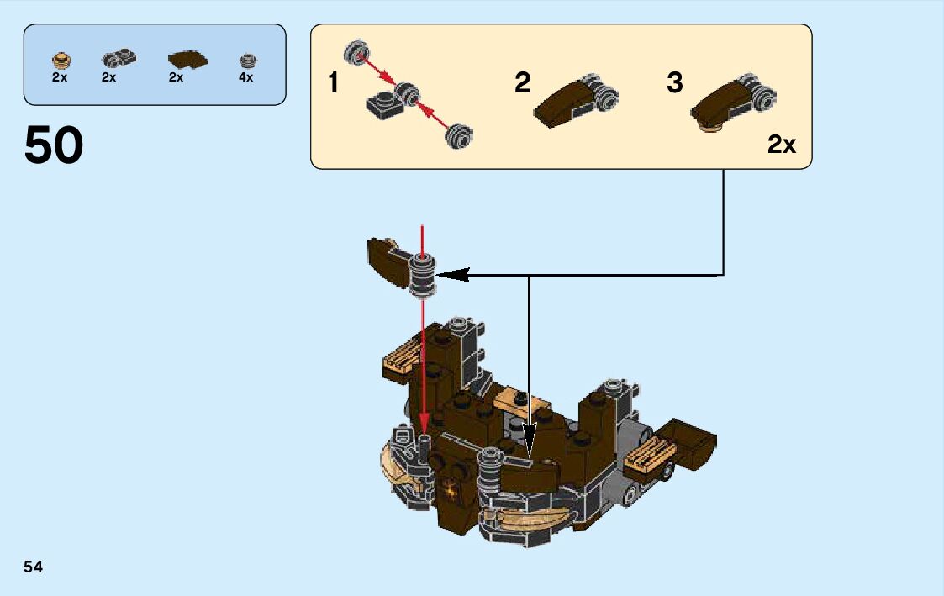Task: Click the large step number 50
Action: (54, 145)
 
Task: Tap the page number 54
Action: (34, 567)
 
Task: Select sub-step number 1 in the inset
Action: (334, 83)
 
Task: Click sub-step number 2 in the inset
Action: (523, 83)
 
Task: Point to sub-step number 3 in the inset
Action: (675, 83)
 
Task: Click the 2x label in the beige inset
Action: (781, 145)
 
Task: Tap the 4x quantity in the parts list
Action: (245, 77)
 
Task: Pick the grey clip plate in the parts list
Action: (118, 59)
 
